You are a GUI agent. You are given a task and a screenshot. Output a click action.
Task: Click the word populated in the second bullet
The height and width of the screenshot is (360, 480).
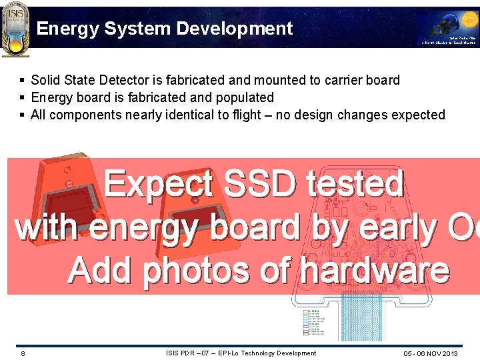click(x=242, y=97)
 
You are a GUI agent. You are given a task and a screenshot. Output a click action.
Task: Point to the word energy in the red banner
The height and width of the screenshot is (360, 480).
click(x=144, y=228)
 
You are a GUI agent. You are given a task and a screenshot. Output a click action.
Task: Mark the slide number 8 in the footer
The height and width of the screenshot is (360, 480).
click(x=23, y=353)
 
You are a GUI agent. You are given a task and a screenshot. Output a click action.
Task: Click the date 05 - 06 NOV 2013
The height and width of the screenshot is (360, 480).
click(x=431, y=353)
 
